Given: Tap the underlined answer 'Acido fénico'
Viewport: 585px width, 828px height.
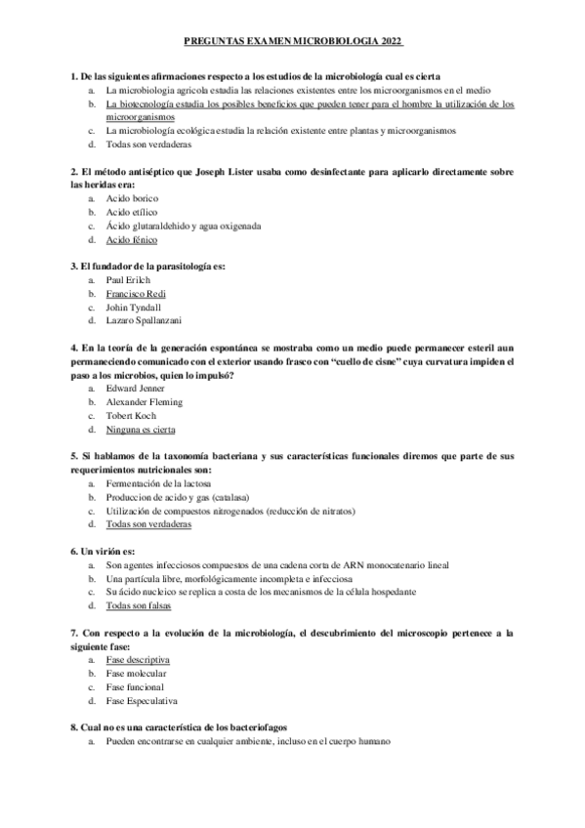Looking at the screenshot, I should [132, 239].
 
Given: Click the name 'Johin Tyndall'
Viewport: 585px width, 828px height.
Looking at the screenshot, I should [134, 307].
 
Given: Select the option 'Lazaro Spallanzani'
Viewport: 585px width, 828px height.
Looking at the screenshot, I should [144, 320].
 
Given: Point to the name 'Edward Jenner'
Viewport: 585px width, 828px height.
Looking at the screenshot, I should [136, 388].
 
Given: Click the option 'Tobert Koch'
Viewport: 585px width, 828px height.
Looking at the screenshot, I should [132, 415].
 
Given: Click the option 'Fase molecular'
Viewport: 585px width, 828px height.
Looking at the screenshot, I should [136, 674].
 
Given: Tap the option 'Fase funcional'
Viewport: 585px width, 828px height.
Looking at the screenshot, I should [136, 687].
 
